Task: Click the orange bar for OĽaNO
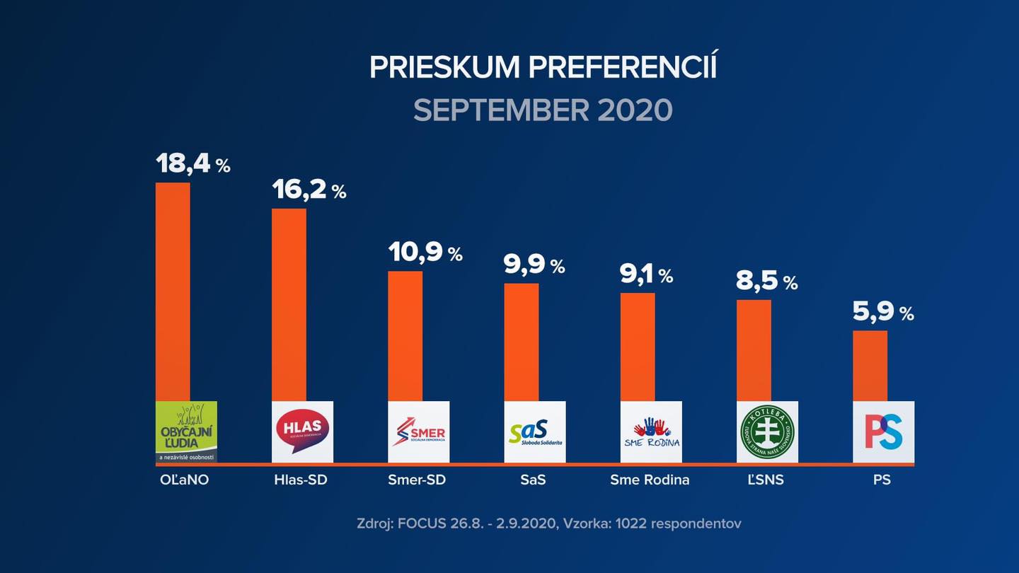(x=173, y=291)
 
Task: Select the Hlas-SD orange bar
(x=289, y=304)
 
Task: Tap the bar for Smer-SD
(x=405, y=336)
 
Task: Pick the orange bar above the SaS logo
(x=521, y=342)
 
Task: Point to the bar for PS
(x=870, y=366)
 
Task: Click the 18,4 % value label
(x=192, y=163)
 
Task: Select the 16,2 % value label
(x=309, y=190)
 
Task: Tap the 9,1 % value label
(x=645, y=274)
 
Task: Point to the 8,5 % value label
(x=766, y=282)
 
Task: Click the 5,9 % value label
(x=882, y=311)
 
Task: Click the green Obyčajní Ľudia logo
(x=186, y=432)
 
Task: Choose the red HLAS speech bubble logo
(x=302, y=432)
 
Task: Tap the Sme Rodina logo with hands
(x=651, y=432)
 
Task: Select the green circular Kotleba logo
(x=767, y=432)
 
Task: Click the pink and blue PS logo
(x=883, y=432)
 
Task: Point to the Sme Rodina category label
(x=650, y=480)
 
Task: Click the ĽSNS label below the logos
(x=766, y=480)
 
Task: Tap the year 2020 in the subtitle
(x=634, y=110)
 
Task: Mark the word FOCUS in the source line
(x=422, y=524)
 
